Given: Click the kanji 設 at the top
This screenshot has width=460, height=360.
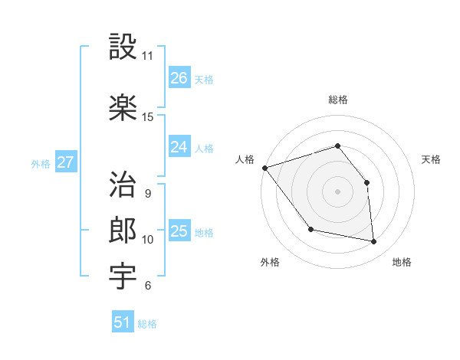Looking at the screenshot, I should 123,47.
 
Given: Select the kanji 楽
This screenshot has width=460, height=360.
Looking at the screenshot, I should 123,106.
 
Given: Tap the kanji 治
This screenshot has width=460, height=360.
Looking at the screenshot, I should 123,185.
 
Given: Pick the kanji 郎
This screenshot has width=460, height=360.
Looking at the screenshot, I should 123,231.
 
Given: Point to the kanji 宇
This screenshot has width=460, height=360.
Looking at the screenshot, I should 123,277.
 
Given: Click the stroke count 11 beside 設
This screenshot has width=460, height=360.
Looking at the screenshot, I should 147,56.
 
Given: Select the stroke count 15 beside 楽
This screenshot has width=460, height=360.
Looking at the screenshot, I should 147,117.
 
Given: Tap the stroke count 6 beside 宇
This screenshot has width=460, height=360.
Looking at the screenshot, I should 147,286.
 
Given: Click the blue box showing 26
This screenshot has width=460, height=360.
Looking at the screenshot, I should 179,77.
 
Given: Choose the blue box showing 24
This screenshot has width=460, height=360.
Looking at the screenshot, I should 179,146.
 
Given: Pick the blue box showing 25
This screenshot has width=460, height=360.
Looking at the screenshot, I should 179,231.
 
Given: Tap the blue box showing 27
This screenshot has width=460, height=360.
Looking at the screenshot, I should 65,162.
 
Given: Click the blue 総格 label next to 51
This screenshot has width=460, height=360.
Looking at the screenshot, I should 147,324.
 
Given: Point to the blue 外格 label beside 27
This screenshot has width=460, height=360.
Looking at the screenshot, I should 41,163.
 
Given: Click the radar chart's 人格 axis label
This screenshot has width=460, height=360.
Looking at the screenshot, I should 245,159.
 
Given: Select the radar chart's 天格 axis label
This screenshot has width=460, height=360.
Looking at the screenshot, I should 431,159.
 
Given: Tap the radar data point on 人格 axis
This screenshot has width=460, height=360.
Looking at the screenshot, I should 264,168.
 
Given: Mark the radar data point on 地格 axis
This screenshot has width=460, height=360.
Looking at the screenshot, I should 373,241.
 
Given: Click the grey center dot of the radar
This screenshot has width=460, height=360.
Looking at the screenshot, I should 337,191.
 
